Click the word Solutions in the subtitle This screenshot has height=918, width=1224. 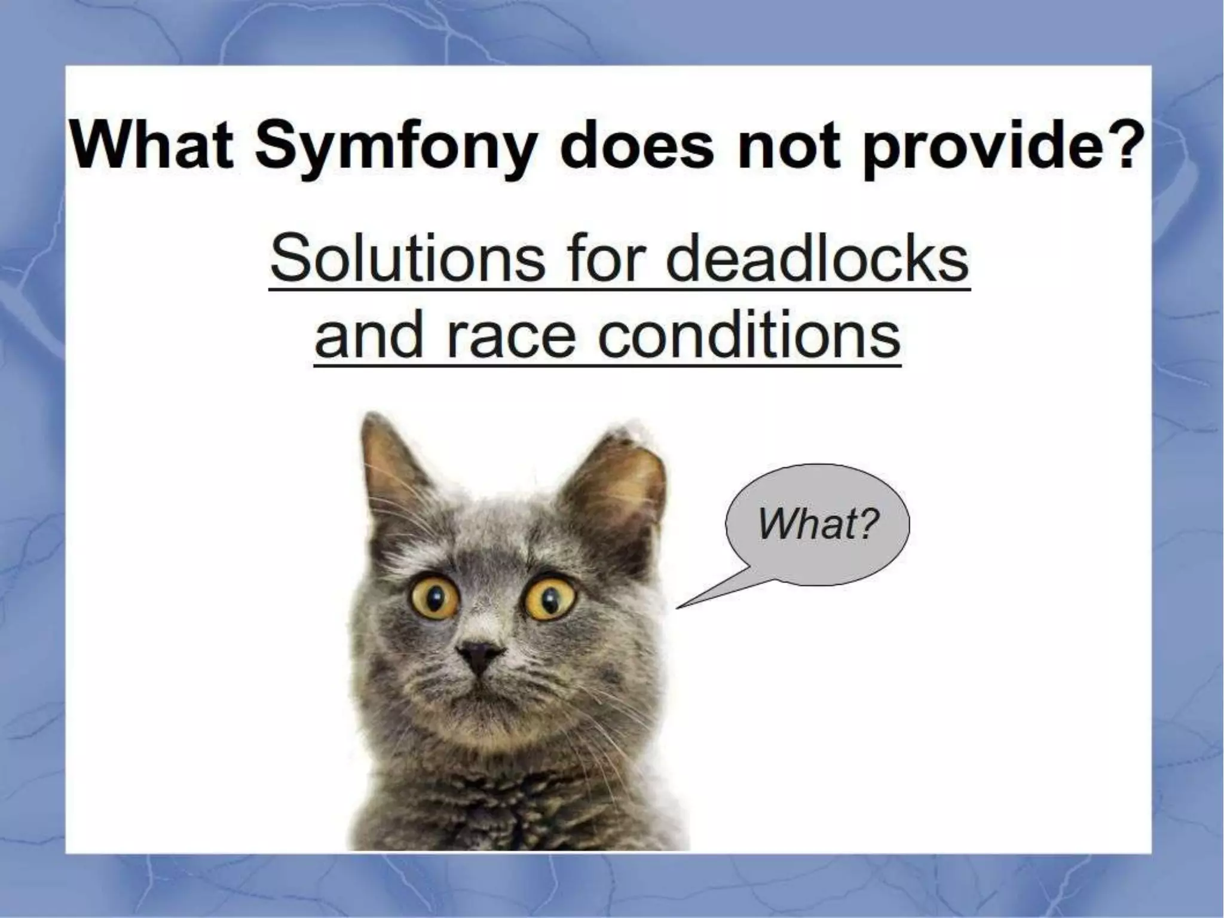click(x=407, y=260)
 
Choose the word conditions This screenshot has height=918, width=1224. click(x=749, y=335)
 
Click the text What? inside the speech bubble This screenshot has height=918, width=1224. click(x=818, y=524)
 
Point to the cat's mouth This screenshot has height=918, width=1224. click(x=478, y=693)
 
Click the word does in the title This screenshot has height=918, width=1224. click(x=637, y=146)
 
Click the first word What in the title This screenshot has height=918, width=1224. click(x=152, y=146)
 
